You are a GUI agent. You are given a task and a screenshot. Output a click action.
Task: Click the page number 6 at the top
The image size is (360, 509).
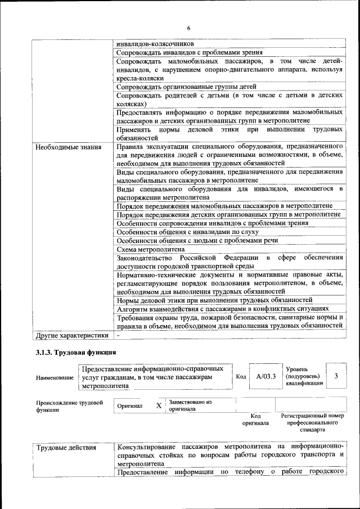coord(189,28)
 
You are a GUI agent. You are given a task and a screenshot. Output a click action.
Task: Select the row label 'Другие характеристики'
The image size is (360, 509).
coord(71,335)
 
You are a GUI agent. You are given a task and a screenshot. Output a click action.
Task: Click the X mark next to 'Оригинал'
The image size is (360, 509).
coord(159,405)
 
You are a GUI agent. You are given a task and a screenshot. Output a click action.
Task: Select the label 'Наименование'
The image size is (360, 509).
coord(55,377)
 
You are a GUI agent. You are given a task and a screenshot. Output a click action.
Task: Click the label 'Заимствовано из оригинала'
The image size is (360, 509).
coord(190,406)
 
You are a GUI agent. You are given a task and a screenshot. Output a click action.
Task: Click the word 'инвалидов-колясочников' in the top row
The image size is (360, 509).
coord(155,43)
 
